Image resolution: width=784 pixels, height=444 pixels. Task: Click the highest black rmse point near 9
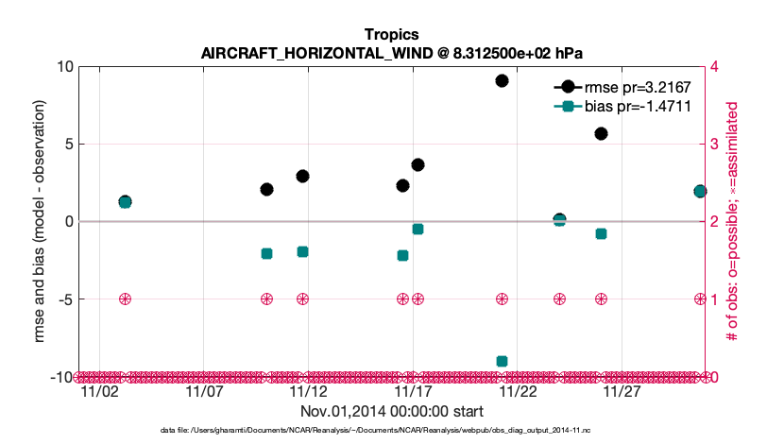tap(503, 80)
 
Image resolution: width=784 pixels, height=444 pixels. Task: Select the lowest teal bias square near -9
tap(503, 361)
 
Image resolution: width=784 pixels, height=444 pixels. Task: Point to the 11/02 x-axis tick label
tap(99, 390)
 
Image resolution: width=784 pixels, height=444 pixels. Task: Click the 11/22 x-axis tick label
tap(518, 390)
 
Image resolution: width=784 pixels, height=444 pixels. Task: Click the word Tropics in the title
tap(391, 35)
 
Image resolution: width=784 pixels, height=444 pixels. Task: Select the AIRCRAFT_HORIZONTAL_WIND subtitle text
tap(391, 53)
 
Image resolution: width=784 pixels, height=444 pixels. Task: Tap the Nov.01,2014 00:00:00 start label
tap(392, 411)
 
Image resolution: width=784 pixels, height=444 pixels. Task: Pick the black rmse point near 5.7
tap(601, 133)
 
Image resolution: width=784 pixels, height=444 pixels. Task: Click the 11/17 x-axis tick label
tap(413, 390)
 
